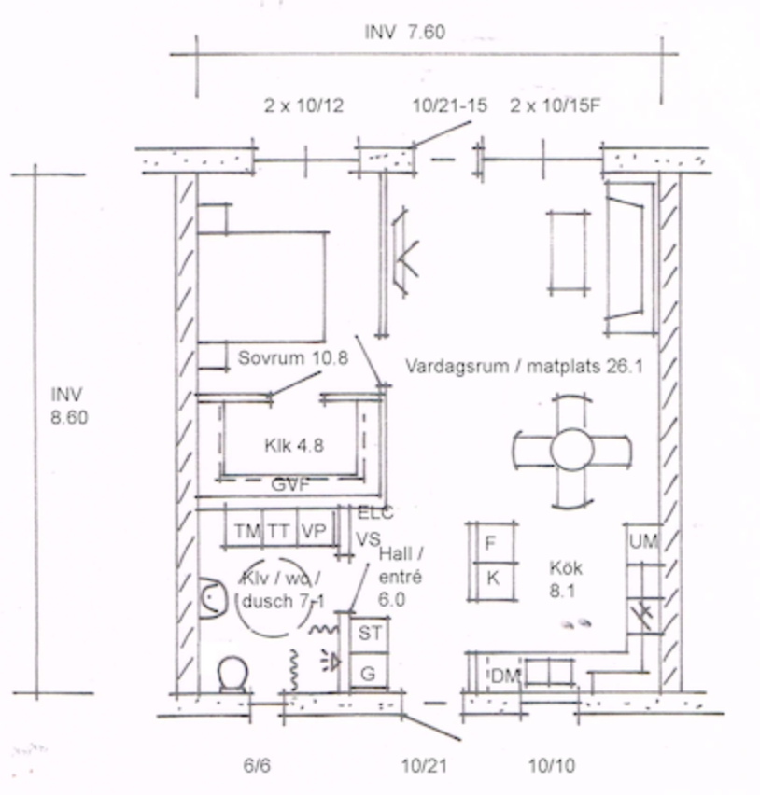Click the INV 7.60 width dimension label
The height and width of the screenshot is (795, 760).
click(x=405, y=33)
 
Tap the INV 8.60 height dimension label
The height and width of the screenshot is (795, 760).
click(x=69, y=406)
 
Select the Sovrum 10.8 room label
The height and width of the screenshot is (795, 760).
click(x=293, y=358)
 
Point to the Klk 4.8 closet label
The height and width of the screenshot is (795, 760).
click(x=294, y=446)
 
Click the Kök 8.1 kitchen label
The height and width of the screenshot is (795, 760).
click(x=566, y=579)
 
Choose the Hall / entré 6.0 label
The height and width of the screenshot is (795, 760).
click(x=401, y=577)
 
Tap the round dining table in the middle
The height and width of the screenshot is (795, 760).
click(x=571, y=450)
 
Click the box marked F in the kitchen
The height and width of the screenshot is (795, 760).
click(x=492, y=543)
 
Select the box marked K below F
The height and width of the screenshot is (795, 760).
click(x=492, y=581)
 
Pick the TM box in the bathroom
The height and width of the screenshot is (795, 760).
click(x=246, y=531)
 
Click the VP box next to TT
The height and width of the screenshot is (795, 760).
click(x=315, y=531)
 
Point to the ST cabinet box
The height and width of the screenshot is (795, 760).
click(x=370, y=634)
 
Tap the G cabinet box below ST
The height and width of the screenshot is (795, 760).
click(x=370, y=673)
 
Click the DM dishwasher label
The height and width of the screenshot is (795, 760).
click(x=506, y=676)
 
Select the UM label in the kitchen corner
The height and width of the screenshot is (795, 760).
click(x=644, y=541)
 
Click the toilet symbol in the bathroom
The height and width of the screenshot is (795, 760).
click(x=232, y=675)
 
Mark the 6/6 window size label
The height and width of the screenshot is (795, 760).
click(x=257, y=764)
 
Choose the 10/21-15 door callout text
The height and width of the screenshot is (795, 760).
click(x=449, y=105)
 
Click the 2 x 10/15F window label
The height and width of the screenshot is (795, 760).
click(x=555, y=105)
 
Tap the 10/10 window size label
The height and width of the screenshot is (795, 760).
click(x=552, y=765)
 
